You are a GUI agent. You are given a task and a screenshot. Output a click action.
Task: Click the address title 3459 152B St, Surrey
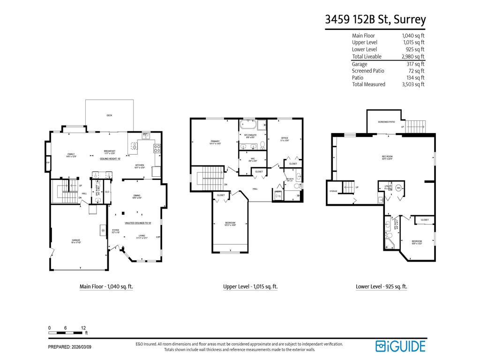tap(375, 19)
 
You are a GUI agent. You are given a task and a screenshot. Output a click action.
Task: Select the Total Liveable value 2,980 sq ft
tap(413, 57)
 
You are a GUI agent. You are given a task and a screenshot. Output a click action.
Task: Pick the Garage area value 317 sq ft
tap(415, 64)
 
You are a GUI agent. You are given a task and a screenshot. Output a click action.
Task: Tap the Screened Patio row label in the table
tap(368, 71)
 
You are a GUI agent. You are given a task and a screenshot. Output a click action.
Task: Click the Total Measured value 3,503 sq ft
tap(413, 84)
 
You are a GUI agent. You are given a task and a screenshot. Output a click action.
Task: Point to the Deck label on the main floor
tap(109, 115)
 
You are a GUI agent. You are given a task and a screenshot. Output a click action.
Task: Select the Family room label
tap(71, 155)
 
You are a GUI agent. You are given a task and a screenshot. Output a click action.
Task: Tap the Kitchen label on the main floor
tap(140, 165)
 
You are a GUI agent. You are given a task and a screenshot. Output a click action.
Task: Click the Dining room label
tap(137, 196)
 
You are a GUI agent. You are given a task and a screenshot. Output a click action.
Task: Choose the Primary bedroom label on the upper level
tap(216, 142)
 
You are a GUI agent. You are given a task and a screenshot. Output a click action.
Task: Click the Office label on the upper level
tap(285, 138)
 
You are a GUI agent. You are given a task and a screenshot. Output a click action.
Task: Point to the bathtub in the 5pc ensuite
tap(247, 125)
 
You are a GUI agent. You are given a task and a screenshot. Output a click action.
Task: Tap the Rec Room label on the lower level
tap(387, 157)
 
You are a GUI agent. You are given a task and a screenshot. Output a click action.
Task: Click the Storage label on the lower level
tap(333, 191)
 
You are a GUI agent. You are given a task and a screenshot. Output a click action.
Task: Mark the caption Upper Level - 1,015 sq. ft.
tap(250, 286)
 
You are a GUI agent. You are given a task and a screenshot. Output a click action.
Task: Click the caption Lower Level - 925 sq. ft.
tap(381, 286)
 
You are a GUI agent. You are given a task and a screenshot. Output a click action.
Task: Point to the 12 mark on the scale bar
tap(83, 328)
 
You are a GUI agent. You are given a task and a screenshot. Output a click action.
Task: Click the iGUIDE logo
tap(400, 346)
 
